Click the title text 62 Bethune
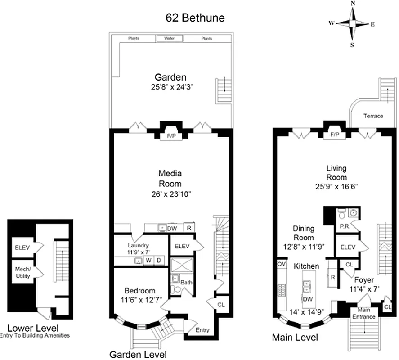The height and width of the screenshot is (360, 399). pyautogui.click(x=195, y=18)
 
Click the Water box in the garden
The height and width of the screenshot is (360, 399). pyautogui.click(x=169, y=39)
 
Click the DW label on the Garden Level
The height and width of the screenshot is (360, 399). pyautogui.click(x=172, y=229)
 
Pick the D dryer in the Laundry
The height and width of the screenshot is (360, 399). pyautogui.click(x=159, y=261)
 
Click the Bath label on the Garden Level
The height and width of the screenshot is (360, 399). pyautogui.click(x=186, y=282)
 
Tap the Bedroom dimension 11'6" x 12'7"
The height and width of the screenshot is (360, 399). pyautogui.click(x=140, y=299)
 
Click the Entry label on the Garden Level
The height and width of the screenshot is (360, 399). pyautogui.click(x=202, y=330)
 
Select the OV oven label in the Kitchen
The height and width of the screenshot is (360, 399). pyautogui.click(x=282, y=264)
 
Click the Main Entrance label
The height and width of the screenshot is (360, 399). pyautogui.click(x=366, y=313)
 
